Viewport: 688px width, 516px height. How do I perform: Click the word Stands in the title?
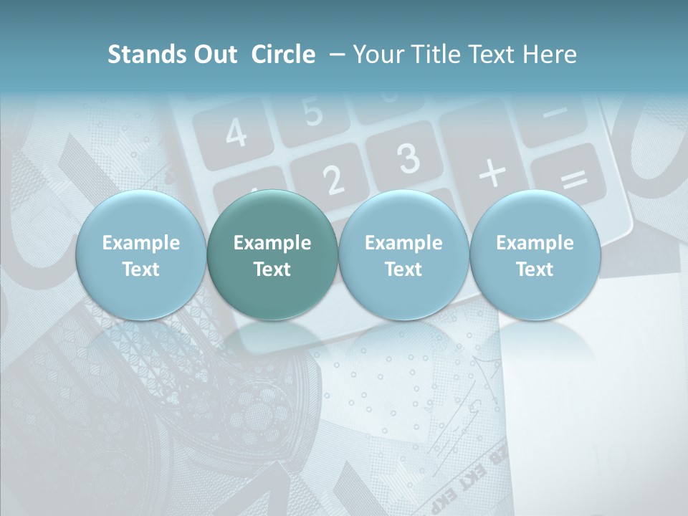(x=140, y=54)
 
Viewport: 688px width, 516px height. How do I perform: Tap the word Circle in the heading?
(x=283, y=54)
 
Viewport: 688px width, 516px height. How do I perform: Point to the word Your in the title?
(x=378, y=54)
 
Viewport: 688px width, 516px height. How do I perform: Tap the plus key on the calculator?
(x=492, y=173)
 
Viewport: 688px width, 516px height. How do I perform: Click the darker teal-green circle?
(x=272, y=255)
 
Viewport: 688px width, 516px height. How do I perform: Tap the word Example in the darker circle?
(x=272, y=243)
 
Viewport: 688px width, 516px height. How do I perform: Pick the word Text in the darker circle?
(x=272, y=269)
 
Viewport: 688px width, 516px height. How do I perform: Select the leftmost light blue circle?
(x=140, y=255)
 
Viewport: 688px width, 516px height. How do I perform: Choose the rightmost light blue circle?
(x=535, y=255)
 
